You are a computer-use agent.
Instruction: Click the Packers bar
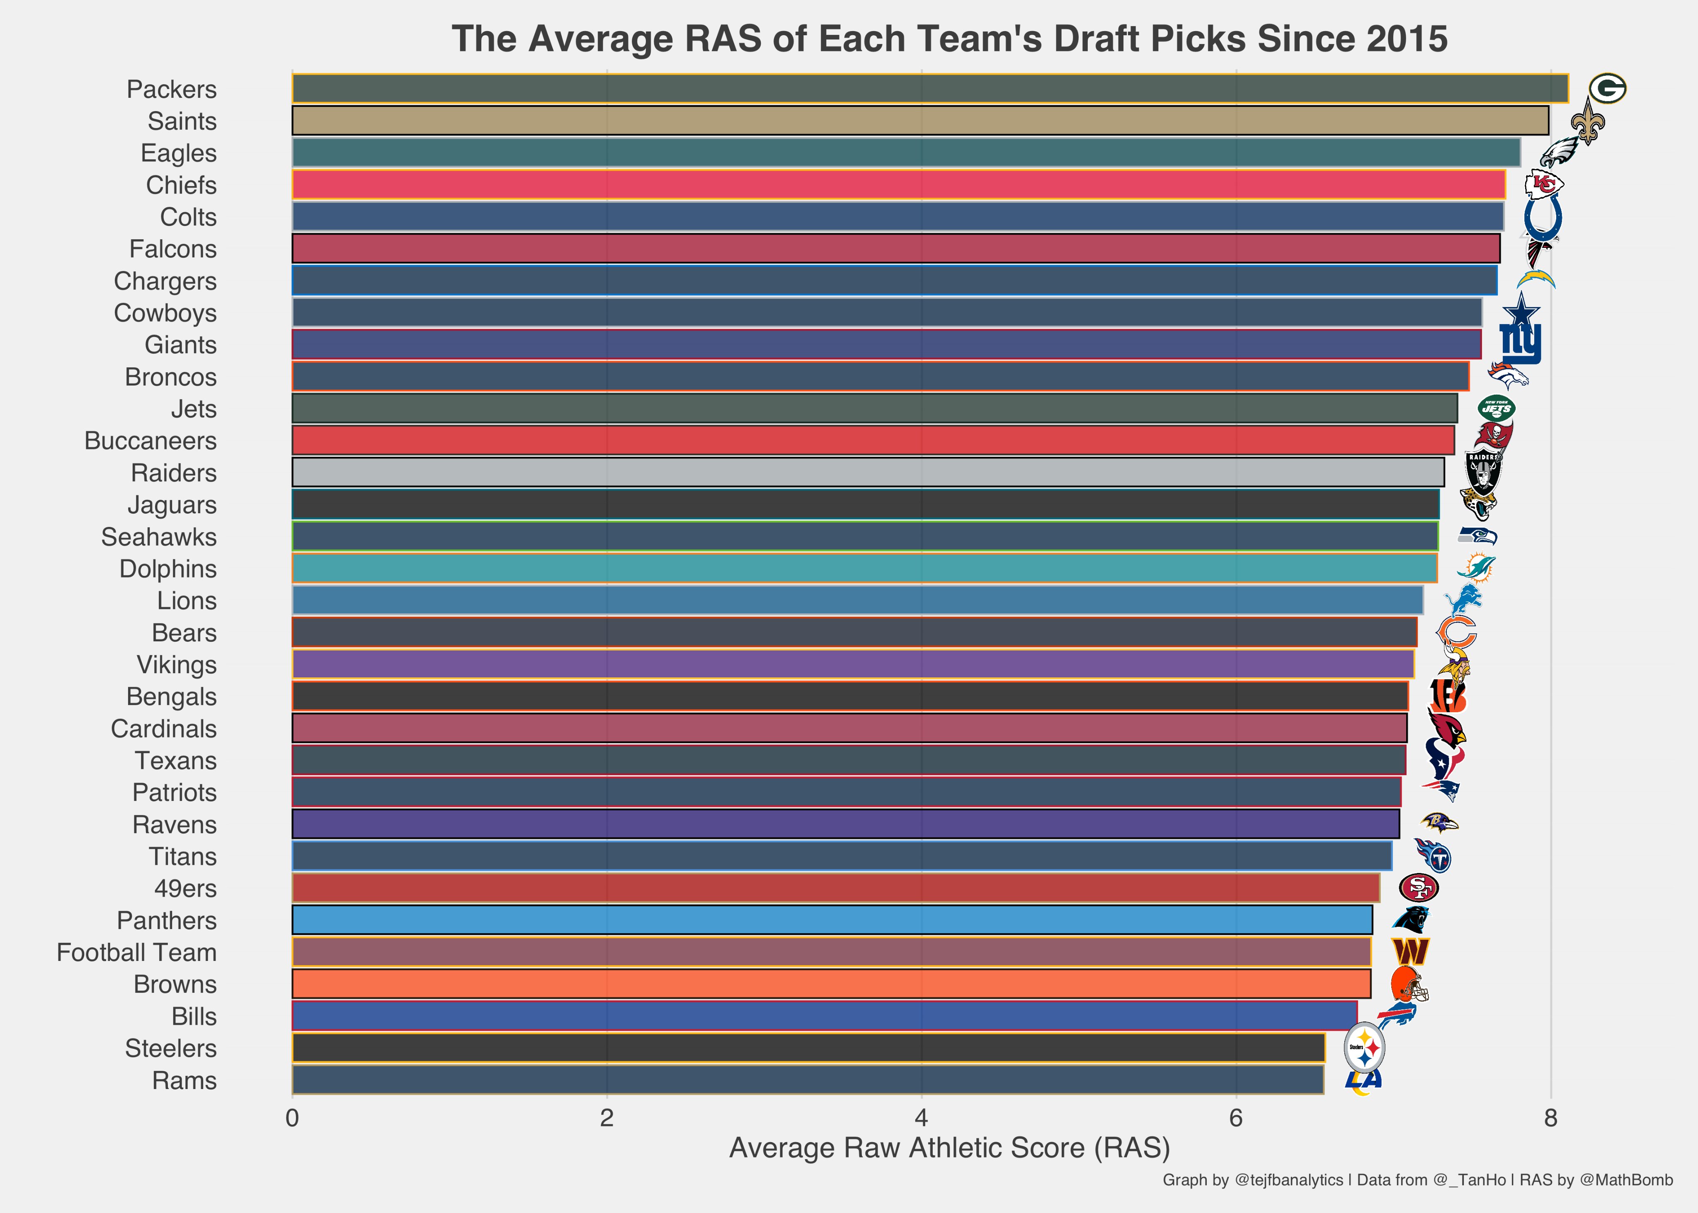pyautogui.click(x=930, y=88)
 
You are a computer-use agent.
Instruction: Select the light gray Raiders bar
pyautogui.click(x=868, y=472)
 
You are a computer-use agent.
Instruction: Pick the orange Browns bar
pyautogui.click(x=831, y=984)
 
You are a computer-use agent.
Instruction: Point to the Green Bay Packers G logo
pyautogui.click(x=1606, y=89)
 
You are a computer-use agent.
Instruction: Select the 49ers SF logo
pyautogui.click(x=1418, y=888)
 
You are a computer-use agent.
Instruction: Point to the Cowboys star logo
pyautogui.click(x=1520, y=310)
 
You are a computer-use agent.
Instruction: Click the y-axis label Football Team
pyautogui.click(x=137, y=952)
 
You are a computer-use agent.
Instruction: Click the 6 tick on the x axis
pyautogui.click(x=1236, y=1118)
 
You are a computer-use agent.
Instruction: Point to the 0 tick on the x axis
pyautogui.click(x=292, y=1118)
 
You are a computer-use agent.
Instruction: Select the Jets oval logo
pyautogui.click(x=1496, y=409)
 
